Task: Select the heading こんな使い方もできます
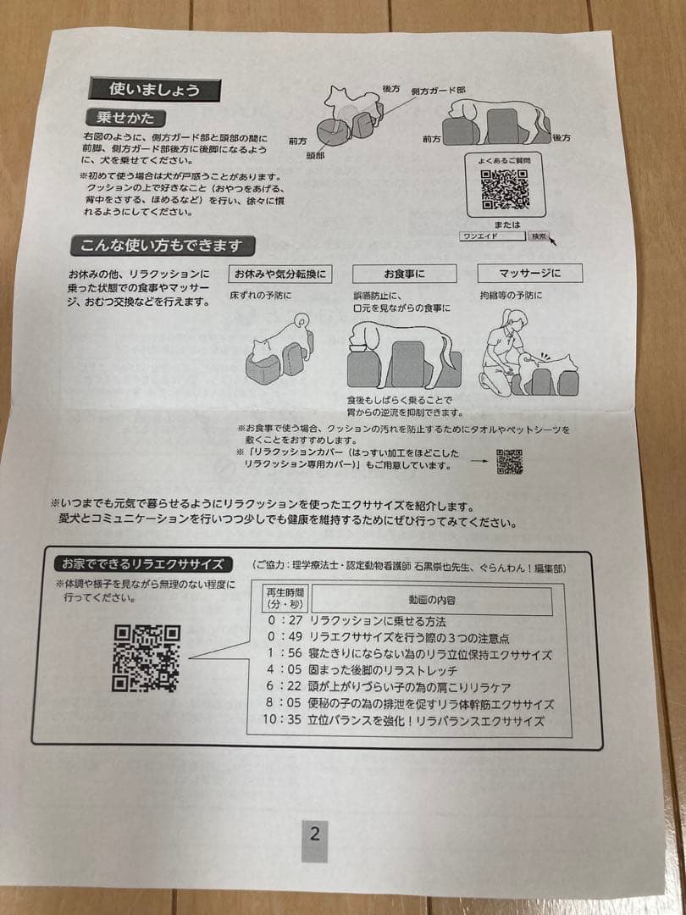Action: pyautogui.click(x=162, y=247)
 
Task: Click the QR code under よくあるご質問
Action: pyautogui.click(x=505, y=188)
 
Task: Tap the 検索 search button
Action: pyautogui.click(x=539, y=236)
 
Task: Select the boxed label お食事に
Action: pyautogui.click(x=404, y=274)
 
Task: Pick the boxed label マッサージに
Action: pyautogui.click(x=530, y=274)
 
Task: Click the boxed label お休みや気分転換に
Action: pyautogui.click(x=279, y=274)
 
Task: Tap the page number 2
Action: pyautogui.click(x=314, y=834)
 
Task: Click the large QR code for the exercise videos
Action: pyautogui.click(x=147, y=657)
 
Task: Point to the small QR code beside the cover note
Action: pyautogui.click(x=509, y=462)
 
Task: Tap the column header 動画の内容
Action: pyautogui.click(x=432, y=600)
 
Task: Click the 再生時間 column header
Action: pyautogui.click(x=285, y=598)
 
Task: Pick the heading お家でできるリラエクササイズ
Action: pyautogui.click(x=142, y=563)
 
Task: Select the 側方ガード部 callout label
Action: pyautogui.click(x=438, y=90)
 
